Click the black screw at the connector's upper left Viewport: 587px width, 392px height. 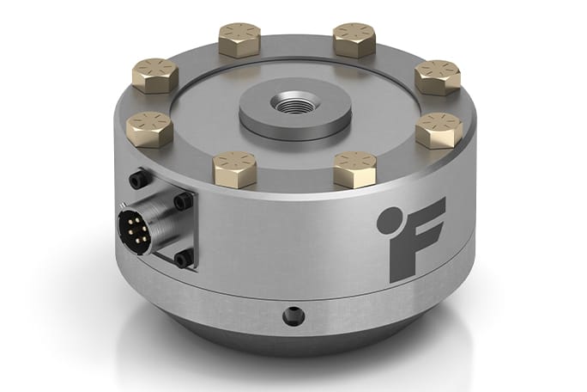133,181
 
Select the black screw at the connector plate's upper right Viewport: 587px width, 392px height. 182,201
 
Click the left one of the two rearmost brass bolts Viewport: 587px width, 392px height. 239,39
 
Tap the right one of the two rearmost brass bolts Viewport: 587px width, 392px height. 354,40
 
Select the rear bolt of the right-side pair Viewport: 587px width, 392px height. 437,77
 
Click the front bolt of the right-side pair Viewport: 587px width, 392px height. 439,130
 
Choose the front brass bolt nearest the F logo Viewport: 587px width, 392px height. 354,168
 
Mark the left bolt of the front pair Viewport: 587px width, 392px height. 234,168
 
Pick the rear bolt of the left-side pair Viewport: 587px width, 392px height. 155,76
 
